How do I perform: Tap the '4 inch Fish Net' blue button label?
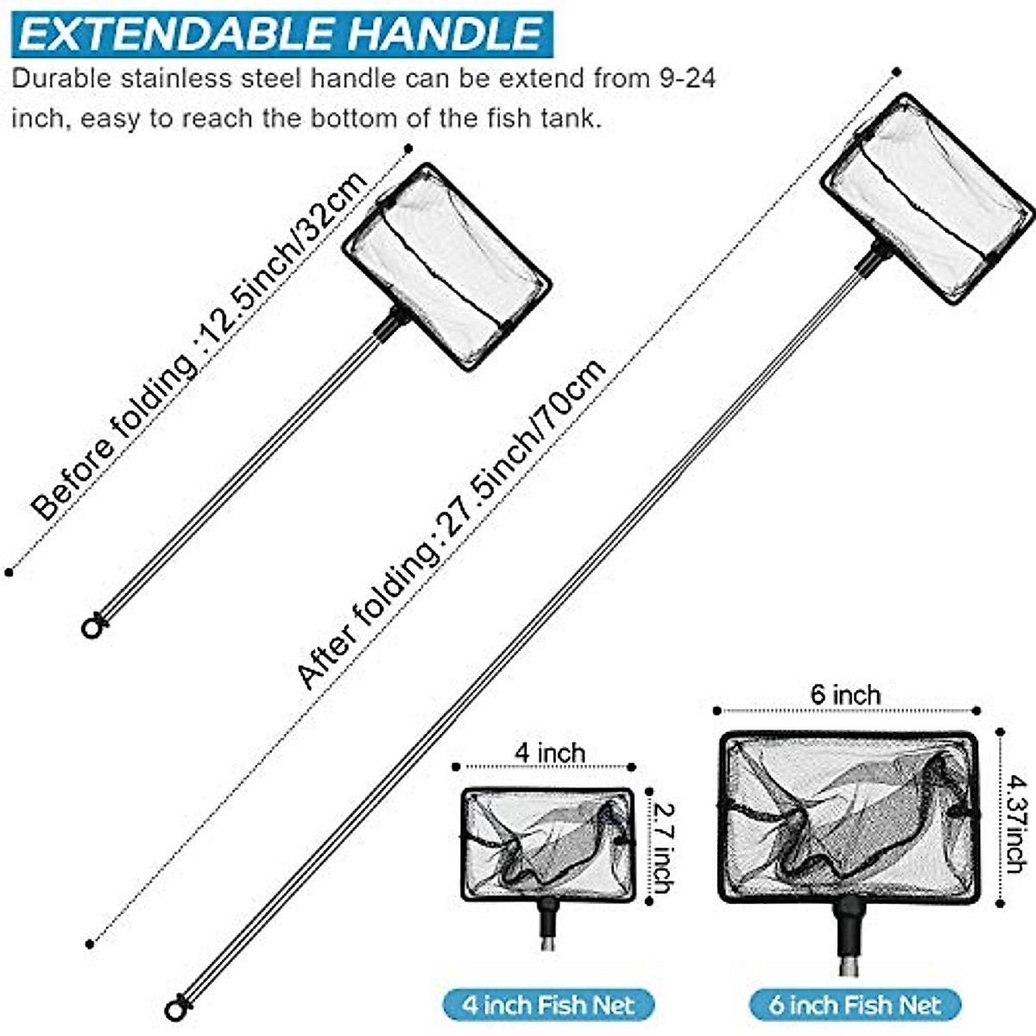pyautogui.click(x=548, y=1005)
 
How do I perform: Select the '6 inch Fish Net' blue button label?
pyautogui.click(x=855, y=1005)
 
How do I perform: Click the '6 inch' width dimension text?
pyautogui.click(x=845, y=694)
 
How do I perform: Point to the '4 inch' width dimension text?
pyautogui.click(x=550, y=752)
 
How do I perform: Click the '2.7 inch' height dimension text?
pyautogui.click(x=663, y=846)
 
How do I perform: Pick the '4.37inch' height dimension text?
pyautogui.click(x=1015, y=820)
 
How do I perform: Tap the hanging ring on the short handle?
pyautogui.click(x=92, y=626)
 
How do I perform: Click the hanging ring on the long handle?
pyautogui.click(x=176, y=1008)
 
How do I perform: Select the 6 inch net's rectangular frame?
pyautogui.click(x=850, y=817)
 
